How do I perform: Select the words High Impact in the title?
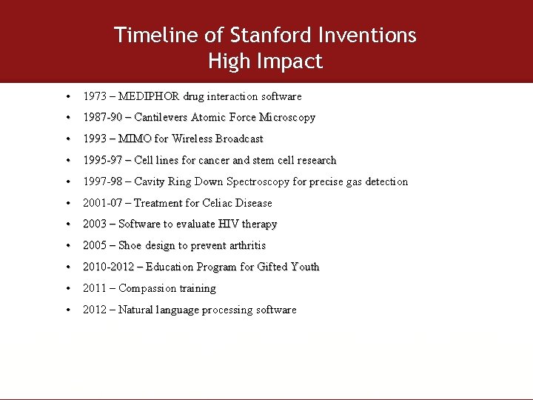[x=266, y=61]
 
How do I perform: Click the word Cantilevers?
[x=161, y=118]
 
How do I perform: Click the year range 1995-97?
[x=103, y=161]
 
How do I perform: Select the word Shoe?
[x=132, y=246]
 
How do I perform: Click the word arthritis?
[x=244, y=246]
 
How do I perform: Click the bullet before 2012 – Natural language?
[x=67, y=310]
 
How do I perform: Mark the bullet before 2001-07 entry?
[x=67, y=203]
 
